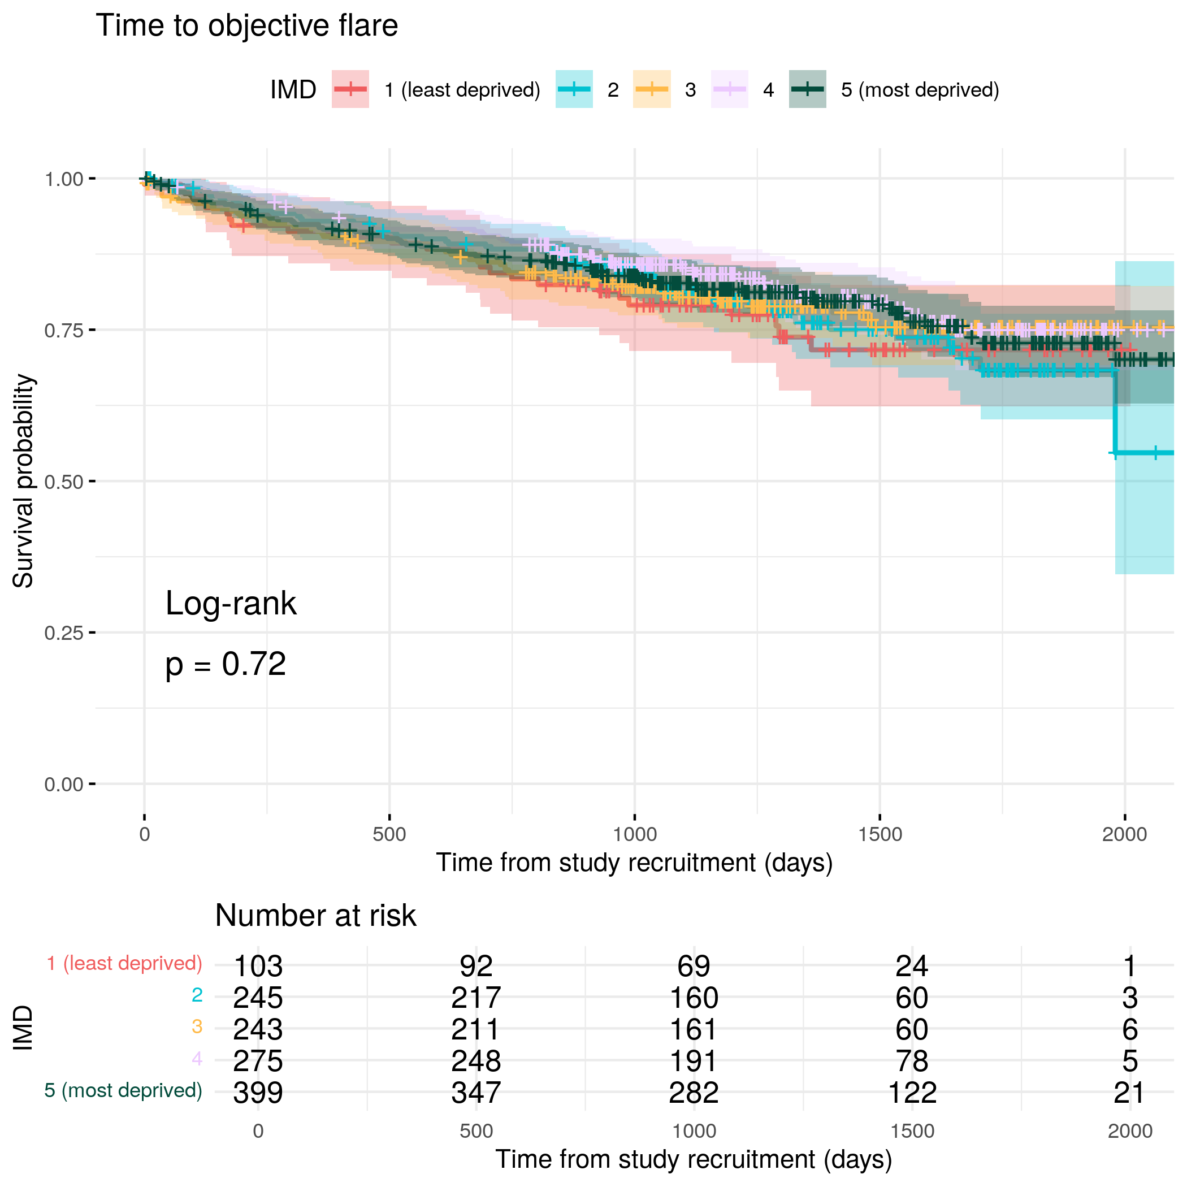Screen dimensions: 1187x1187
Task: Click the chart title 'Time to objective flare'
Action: point(247,26)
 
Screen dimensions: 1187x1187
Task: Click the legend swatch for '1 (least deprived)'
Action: point(350,89)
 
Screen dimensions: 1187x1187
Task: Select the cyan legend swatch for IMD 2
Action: point(574,89)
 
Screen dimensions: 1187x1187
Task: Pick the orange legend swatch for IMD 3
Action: point(651,89)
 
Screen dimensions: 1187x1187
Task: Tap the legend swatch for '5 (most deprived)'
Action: point(807,89)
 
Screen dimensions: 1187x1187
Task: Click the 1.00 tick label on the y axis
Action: point(63,179)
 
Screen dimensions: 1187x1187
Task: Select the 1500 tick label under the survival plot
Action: point(880,834)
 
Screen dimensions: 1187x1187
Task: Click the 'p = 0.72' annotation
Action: point(226,664)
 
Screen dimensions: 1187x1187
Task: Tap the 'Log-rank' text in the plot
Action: point(231,603)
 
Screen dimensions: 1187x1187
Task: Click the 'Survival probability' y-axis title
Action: point(23,481)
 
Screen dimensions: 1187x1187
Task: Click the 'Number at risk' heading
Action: point(315,916)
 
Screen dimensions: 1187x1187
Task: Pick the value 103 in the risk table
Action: point(258,967)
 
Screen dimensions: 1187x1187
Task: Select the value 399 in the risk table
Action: point(258,1093)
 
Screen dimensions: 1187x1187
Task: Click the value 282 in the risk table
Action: point(694,1093)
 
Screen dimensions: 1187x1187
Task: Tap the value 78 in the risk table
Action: point(912,1061)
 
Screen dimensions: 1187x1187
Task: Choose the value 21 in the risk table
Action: point(1129,1093)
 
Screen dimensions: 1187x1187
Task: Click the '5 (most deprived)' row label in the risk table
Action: point(123,1090)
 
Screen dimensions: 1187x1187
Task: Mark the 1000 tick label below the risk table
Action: point(694,1131)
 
